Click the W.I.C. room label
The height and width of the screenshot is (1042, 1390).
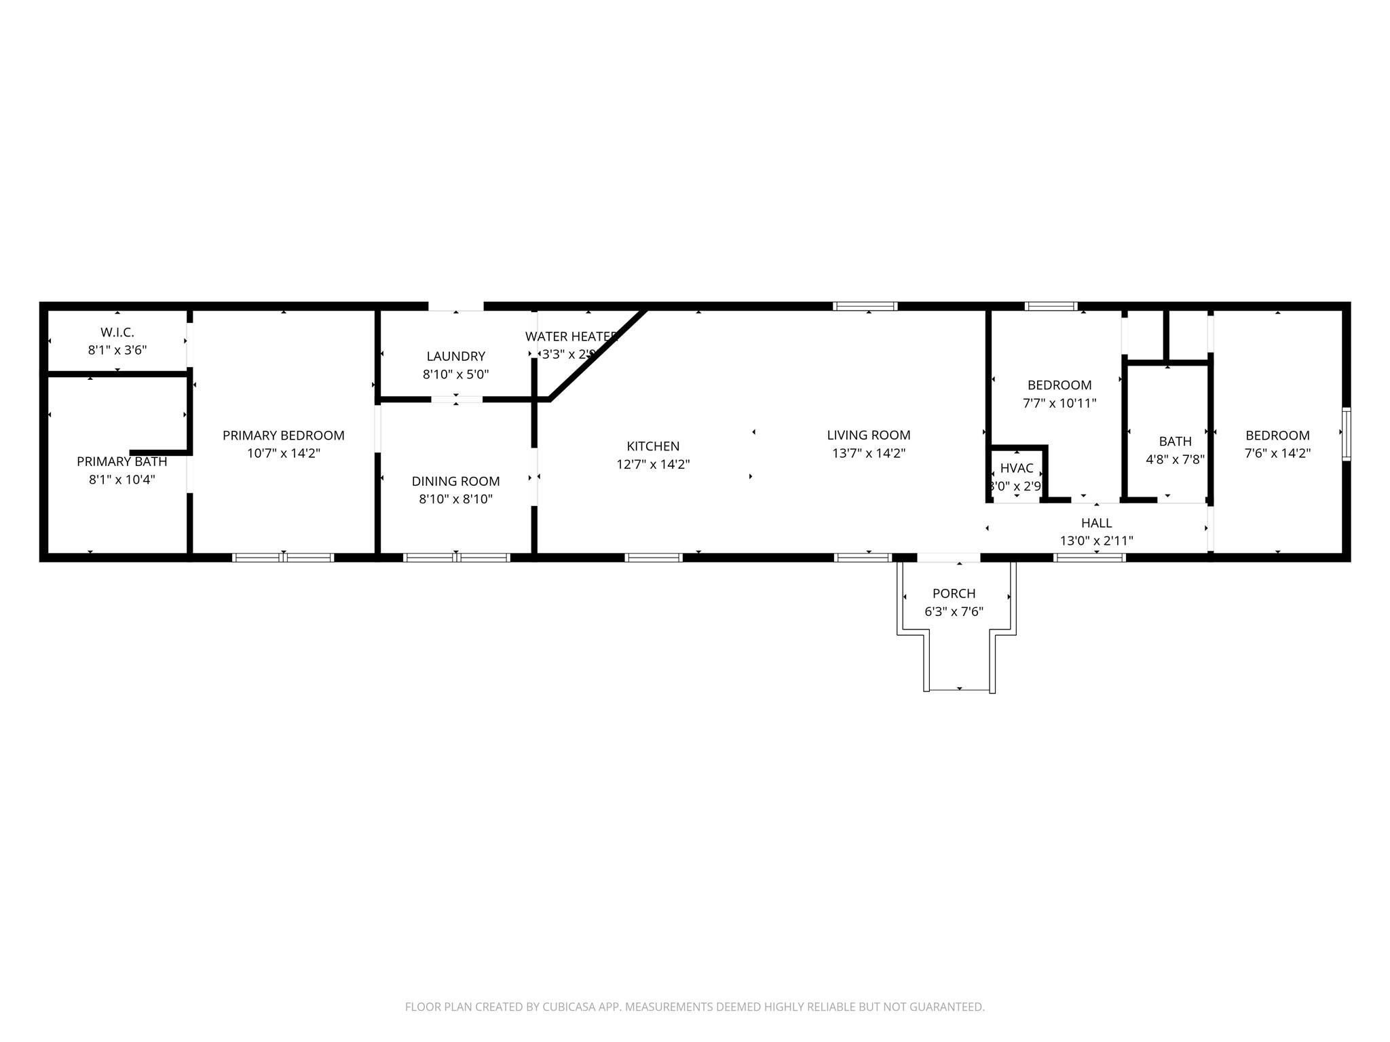coord(117,332)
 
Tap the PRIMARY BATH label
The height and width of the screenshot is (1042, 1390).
coord(121,462)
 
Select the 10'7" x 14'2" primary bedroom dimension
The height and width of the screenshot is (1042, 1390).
coord(283,453)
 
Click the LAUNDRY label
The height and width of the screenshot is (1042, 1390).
coord(455,356)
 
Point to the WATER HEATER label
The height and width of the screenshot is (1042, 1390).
coord(571,336)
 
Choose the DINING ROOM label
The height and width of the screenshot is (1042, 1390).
coord(455,482)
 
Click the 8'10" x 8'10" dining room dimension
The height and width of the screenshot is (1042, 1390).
coord(455,499)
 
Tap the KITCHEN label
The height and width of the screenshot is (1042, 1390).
coord(652,446)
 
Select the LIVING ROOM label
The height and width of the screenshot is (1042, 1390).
coord(868,436)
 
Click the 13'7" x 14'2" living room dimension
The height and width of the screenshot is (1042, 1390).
coord(868,453)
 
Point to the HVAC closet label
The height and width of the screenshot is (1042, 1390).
coord(1016,469)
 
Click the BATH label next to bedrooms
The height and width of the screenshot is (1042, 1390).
coord(1175,442)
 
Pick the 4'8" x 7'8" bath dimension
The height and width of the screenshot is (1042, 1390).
coord(1175,459)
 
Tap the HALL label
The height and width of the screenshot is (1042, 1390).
coord(1096,523)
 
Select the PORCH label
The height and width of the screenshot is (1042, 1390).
coord(954,594)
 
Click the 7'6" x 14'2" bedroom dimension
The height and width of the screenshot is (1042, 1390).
coord(1277,453)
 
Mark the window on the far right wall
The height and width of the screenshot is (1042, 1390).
coord(1346,434)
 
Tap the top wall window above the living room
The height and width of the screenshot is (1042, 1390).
coord(865,307)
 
